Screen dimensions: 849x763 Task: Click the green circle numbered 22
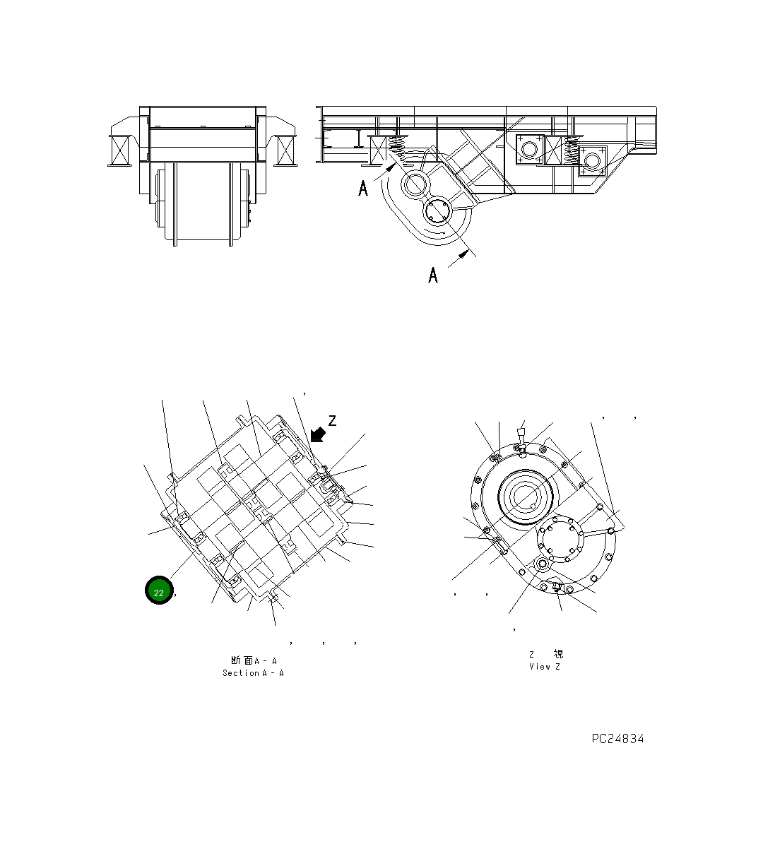click(x=159, y=591)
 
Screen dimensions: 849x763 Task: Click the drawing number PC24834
click(x=617, y=739)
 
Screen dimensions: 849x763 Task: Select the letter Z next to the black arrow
click(x=332, y=421)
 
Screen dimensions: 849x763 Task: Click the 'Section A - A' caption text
click(x=253, y=673)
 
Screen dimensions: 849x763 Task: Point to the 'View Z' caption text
click(x=544, y=667)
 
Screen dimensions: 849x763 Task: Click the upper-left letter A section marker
click(x=363, y=188)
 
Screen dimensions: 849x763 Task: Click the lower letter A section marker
click(x=433, y=275)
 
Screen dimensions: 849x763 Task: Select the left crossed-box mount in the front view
click(x=119, y=150)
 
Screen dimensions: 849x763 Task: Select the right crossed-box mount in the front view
click(x=286, y=150)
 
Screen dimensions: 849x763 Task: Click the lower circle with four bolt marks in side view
click(x=438, y=211)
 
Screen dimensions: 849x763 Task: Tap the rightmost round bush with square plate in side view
click(x=592, y=161)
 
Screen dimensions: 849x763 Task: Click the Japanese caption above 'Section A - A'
click(x=253, y=660)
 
